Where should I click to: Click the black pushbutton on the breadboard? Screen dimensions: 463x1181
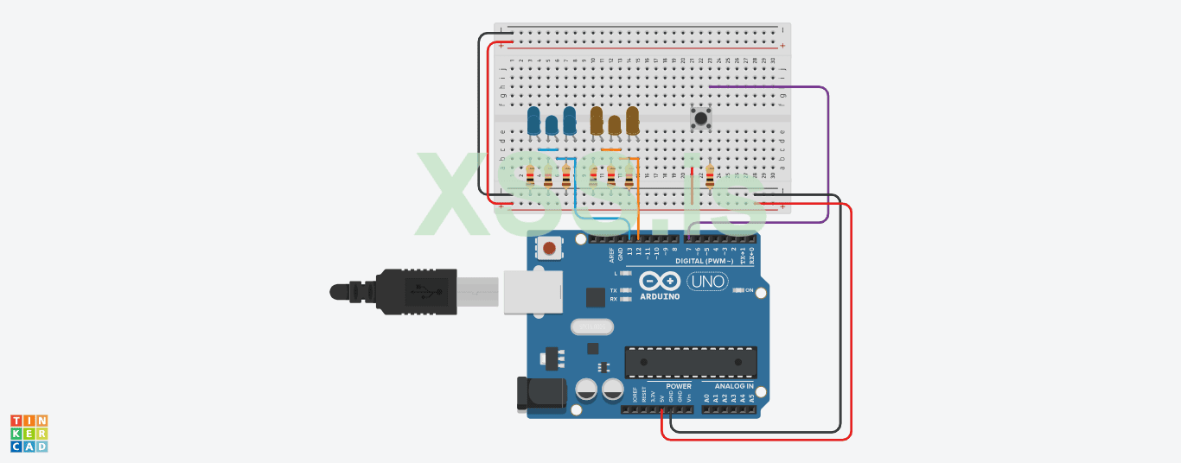[701, 117]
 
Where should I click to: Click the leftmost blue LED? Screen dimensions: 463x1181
[533, 120]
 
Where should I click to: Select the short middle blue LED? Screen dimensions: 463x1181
[552, 126]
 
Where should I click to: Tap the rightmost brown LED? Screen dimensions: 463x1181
[633, 120]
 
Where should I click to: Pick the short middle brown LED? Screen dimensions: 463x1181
[615, 126]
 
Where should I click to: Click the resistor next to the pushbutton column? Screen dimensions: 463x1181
[710, 177]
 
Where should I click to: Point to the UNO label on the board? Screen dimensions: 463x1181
[707, 281]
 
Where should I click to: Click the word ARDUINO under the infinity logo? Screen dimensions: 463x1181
[660, 296]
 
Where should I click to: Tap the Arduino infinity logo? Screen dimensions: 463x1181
[660, 282]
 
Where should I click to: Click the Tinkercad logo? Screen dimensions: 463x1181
[29, 433]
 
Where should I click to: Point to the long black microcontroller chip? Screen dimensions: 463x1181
[691, 362]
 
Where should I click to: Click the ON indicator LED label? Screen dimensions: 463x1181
[749, 290]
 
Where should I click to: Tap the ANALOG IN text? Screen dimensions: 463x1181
[733, 386]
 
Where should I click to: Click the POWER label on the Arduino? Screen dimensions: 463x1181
[679, 386]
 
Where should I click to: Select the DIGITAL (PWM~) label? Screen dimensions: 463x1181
[705, 260]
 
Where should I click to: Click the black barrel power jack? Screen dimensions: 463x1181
[539, 395]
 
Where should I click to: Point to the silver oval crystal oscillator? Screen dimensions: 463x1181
[592, 327]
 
